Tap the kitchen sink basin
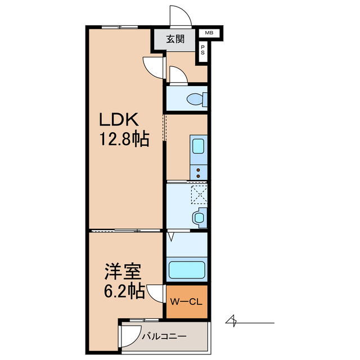[x=199, y=146]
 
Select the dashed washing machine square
[x=199, y=195]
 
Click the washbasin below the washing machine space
[x=200, y=217]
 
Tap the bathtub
[x=187, y=269]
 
